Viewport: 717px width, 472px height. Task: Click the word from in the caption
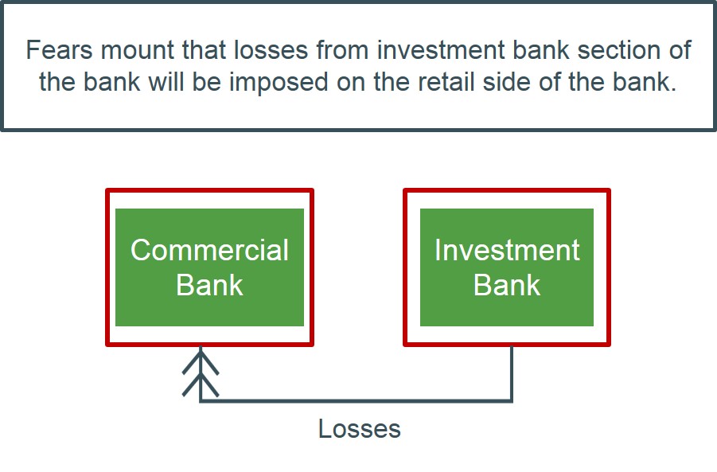click(x=337, y=51)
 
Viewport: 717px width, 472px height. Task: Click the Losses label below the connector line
click(x=359, y=429)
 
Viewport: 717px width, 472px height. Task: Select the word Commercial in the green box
click(x=209, y=250)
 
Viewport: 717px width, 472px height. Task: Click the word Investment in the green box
click(x=507, y=250)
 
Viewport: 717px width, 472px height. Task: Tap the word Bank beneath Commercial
click(x=209, y=285)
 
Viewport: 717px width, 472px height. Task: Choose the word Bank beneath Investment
click(x=507, y=285)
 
